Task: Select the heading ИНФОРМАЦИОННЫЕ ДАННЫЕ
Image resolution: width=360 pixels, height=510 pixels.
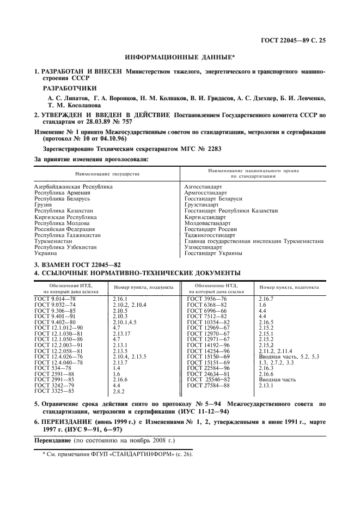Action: point(180,57)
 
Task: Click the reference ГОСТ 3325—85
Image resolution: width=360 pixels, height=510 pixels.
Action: point(55,391)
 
